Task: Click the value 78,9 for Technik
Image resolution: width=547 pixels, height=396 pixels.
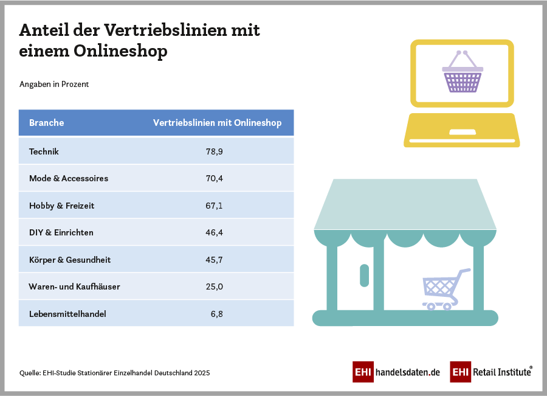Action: tap(214, 151)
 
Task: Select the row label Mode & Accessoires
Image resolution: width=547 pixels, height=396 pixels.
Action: tap(69, 179)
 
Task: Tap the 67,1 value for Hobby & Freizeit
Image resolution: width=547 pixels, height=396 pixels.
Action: tap(214, 206)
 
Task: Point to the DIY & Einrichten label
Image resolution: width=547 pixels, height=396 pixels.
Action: tap(61, 232)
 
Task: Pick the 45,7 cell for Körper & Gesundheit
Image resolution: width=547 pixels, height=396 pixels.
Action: tap(214, 260)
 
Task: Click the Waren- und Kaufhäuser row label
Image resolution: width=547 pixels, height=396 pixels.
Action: tap(74, 287)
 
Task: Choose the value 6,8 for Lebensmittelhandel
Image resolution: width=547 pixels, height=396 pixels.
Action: tap(217, 314)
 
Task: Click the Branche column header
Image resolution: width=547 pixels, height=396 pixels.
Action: tap(47, 123)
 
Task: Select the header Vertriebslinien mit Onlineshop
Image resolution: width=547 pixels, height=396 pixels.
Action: tap(217, 123)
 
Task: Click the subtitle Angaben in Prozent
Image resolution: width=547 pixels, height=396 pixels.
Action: tap(54, 84)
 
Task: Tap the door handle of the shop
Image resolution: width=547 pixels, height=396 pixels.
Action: tap(364, 275)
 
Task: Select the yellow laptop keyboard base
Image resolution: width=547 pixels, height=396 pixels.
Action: tap(462, 130)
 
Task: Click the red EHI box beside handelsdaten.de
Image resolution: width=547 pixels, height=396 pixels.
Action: tap(363, 372)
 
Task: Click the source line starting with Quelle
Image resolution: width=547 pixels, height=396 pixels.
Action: tap(114, 372)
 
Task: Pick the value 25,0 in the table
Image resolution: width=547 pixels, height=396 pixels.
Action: tap(214, 287)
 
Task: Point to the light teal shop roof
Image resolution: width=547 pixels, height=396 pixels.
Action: tap(405, 204)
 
